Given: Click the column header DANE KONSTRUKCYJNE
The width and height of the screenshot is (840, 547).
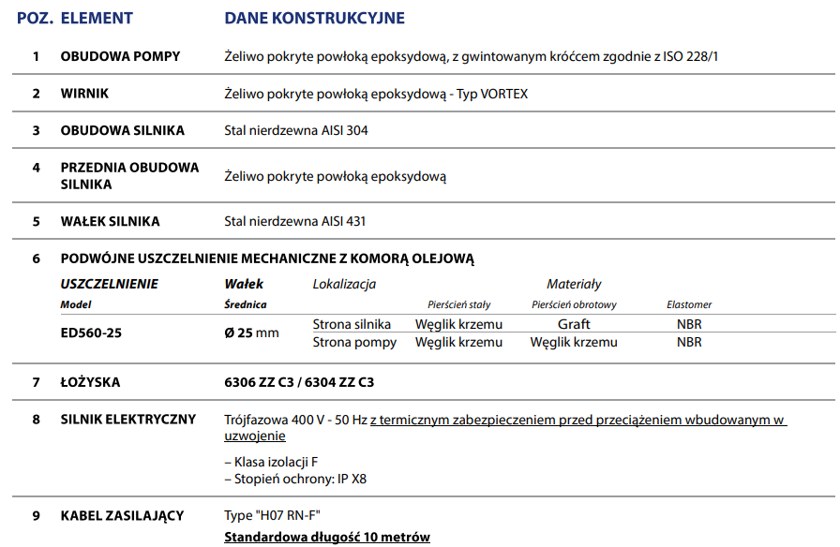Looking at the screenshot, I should click(x=314, y=18).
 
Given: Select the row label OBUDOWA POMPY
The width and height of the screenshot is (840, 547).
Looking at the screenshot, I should click(x=120, y=57).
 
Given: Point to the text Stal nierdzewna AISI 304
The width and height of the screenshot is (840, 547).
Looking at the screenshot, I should click(x=296, y=130).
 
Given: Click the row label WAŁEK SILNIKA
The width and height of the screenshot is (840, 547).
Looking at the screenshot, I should click(x=110, y=222).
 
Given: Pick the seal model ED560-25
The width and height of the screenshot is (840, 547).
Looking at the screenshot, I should click(x=91, y=332).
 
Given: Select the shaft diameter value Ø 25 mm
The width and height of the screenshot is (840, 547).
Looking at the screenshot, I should click(x=251, y=333).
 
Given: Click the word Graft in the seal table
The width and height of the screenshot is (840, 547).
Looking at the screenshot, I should click(x=574, y=324).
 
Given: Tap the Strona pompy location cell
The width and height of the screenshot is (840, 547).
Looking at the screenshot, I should click(x=354, y=342).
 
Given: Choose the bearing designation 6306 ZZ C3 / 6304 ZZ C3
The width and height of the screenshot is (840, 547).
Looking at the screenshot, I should click(x=299, y=382).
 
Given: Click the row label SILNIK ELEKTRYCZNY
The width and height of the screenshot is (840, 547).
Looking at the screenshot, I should click(x=128, y=420).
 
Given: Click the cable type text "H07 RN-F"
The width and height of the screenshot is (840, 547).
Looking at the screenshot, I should click(x=279, y=516).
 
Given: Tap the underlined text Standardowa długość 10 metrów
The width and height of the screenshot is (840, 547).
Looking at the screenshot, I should click(x=327, y=537).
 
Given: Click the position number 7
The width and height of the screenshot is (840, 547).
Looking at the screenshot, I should click(x=37, y=382).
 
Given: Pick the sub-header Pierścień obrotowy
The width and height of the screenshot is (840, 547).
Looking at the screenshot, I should click(x=574, y=304).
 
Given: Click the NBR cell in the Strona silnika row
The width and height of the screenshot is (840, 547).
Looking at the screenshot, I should click(x=689, y=324).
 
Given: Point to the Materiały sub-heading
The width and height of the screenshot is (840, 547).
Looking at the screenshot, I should click(x=574, y=284).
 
